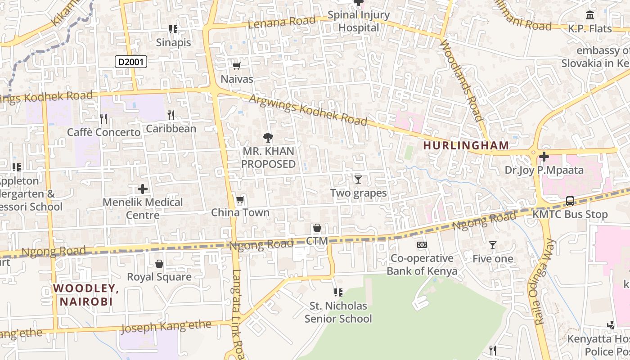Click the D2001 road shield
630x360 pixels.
pos(131,62)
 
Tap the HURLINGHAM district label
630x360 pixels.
pos(466,145)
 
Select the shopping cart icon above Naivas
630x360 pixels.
pos(236,66)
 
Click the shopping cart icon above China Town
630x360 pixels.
pos(240,200)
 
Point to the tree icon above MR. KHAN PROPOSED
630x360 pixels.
pos(268,138)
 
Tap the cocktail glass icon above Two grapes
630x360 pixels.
pos(358,180)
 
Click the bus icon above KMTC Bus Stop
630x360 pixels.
pos(570,201)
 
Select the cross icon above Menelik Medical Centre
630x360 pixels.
pos(143,189)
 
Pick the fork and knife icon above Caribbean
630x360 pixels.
pos(171,115)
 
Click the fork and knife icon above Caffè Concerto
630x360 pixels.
pos(103,119)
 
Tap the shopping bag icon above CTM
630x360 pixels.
pos(317,228)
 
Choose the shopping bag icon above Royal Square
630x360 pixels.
pos(159,264)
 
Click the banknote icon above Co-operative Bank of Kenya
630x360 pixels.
pos(422,245)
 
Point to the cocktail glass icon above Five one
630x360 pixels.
pos(493,245)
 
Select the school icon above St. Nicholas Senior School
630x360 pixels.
pos(338,292)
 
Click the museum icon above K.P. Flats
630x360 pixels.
pos(589,15)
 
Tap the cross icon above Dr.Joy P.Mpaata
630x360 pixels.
pos(544,157)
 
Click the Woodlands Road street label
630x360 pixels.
pos(462,80)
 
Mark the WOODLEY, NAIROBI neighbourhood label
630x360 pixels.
pos(85,295)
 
